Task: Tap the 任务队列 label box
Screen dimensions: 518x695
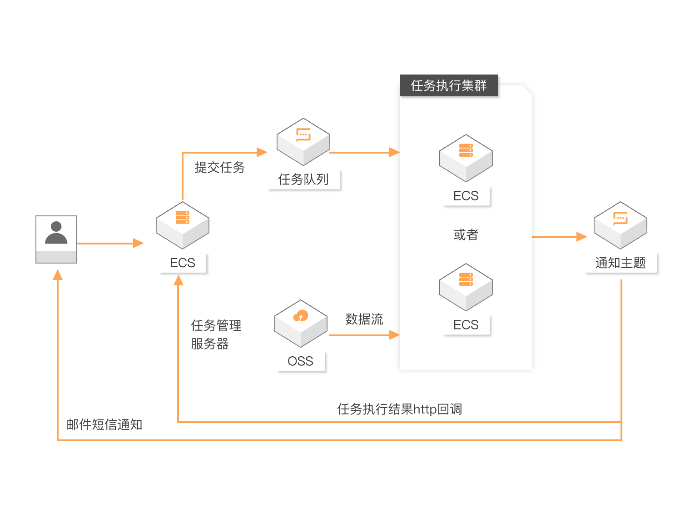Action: pos(304,180)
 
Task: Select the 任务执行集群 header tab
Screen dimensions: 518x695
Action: pos(448,86)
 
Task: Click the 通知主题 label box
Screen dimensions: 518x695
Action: pos(621,263)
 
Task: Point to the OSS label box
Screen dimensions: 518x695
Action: pos(301,362)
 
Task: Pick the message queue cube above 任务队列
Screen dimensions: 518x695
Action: pos(303,141)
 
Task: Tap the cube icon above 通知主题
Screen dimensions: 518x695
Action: pos(621,225)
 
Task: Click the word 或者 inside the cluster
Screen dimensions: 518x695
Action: pos(466,235)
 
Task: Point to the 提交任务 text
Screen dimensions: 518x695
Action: pos(220,168)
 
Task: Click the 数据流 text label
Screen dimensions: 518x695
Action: pos(364,319)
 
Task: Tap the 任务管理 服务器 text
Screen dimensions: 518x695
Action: pos(216,335)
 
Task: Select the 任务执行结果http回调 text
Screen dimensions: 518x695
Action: pos(399,409)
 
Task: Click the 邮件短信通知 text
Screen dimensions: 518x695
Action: pos(104,425)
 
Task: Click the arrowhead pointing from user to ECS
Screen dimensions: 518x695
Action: pos(139,244)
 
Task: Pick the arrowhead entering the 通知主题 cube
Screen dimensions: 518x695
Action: pos(582,237)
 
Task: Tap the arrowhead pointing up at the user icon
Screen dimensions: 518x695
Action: pos(58,274)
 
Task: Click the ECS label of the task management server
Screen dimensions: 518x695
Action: pos(183,264)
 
